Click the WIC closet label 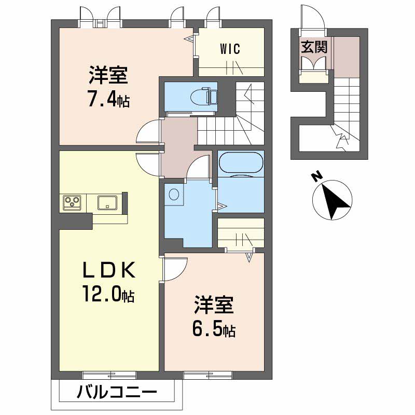coord(230,49)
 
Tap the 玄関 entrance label coord(314,48)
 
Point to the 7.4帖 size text coord(108,99)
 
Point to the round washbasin coord(174,194)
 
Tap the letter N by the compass coord(314,177)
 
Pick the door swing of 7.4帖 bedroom coord(148,132)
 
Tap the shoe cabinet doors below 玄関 coord(313,63)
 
